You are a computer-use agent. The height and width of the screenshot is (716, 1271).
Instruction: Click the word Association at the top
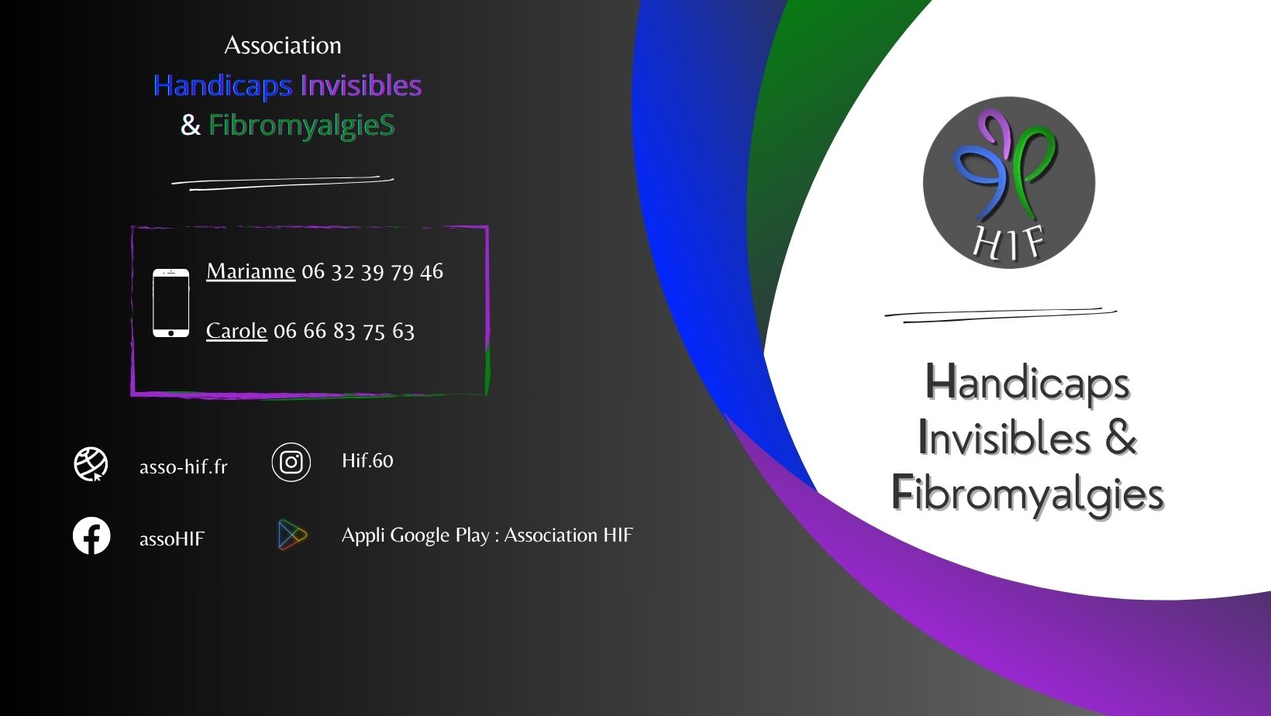(283, 46)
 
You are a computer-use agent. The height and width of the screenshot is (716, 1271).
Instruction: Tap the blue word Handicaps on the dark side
(223, 86)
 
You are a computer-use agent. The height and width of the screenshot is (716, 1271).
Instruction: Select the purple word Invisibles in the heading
(361, 85)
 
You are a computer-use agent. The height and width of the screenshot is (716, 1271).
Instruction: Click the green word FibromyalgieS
(301, 126)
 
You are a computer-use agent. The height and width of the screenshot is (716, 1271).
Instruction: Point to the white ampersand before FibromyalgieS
(191, 125)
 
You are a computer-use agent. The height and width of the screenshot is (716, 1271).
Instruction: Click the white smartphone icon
(170, 303)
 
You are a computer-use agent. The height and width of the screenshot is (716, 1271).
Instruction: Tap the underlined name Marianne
(250, 271)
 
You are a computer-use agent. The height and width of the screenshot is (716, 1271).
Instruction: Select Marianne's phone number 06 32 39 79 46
(372, 272)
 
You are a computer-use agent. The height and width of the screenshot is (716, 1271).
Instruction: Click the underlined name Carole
(236, 330)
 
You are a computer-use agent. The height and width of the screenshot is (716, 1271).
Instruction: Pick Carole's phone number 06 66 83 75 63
(344, 331)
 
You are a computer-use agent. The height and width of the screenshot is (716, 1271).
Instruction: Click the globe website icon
(91, 464)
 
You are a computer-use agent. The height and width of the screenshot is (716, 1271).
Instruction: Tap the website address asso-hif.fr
(183, 466)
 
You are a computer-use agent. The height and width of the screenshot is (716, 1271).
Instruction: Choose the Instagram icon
(291, 462)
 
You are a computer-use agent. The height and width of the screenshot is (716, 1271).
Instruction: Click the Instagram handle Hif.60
(367, 460)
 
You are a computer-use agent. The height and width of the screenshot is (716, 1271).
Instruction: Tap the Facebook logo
(91, 535)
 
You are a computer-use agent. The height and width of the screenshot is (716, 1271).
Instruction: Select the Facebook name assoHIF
(172, 538)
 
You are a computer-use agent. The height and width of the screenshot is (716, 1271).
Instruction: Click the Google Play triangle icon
(292, 535)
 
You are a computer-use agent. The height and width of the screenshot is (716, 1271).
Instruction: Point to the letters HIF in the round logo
(1008, 243)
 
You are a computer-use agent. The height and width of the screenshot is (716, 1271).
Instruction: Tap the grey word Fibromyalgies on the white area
(1028, 494)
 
